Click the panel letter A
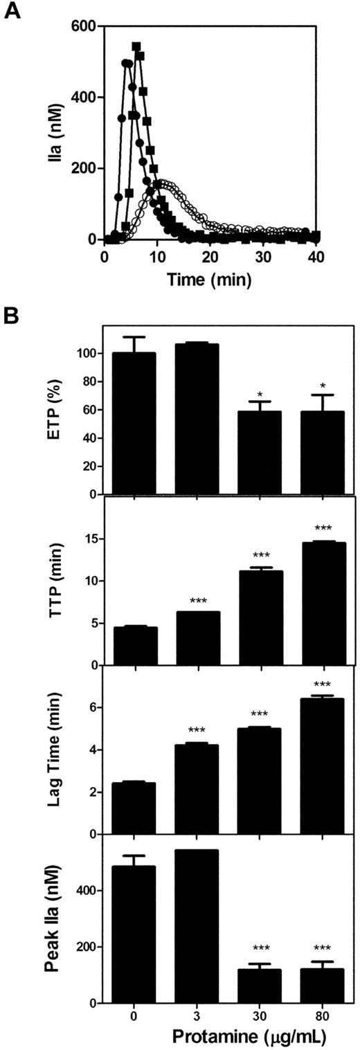(x=13, y=11)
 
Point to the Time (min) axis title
(x=209, y=279)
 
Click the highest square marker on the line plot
(x=136, y=46)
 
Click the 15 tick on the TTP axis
(x=87, y=538)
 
